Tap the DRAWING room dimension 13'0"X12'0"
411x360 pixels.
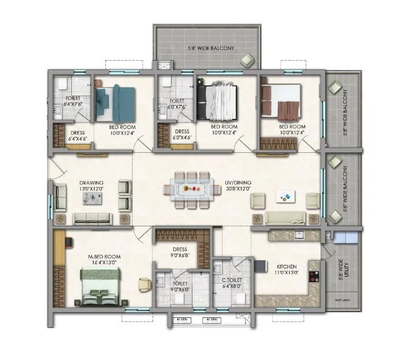91,189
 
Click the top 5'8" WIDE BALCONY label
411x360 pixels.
211,48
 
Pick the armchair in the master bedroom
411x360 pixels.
144,283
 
